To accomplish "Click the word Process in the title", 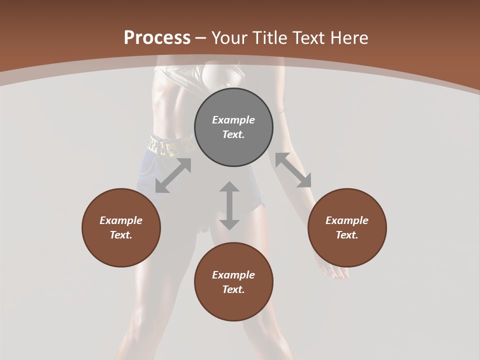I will coord(157,38).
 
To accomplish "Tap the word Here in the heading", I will coord(347,38).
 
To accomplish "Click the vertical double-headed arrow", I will coord(229,205).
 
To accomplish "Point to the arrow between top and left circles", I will coord(173,175).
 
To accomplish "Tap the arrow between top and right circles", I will coord(293,170).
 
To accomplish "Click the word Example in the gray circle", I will coord(233,120).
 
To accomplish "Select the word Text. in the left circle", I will coord(121,235).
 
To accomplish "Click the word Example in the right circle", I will coord(347,220).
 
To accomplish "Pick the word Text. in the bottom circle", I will coord(233,289).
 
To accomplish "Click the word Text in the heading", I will coord(306,38).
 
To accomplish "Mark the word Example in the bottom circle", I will coord(233,275).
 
